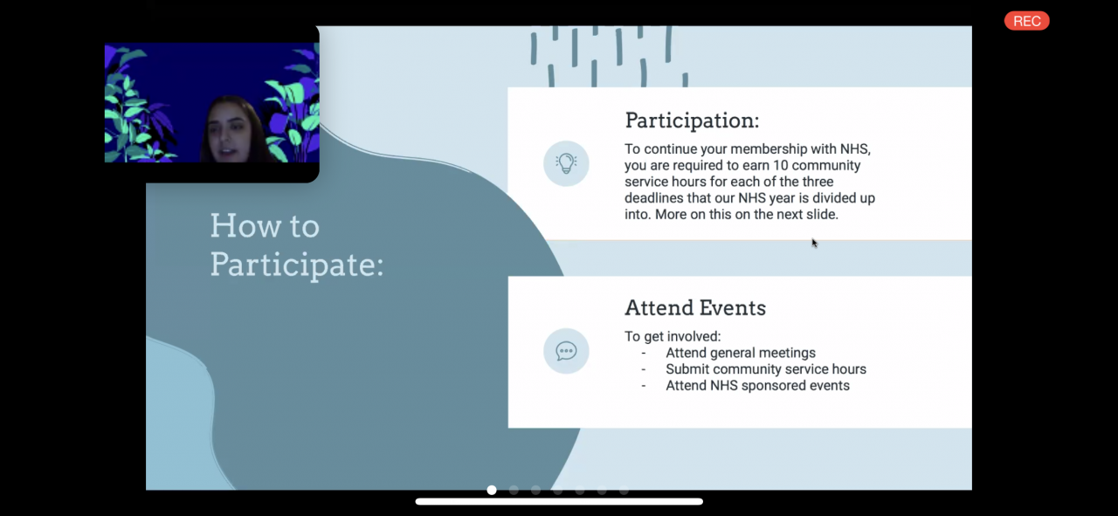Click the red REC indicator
[x=1026, y=21]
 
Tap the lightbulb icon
[x=566, y=163]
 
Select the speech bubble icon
[x=566, y=351]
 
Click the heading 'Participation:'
[x=692, y=120]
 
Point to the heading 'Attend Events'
[x=695, y=308]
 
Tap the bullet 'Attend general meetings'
[x=741, y=353]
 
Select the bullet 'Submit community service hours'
[x=766, y=369]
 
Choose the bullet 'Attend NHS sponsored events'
[x=757, y=386]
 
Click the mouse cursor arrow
[x=814, y=243]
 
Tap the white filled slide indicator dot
[x=492, y=490]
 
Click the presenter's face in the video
[x=229, y=134]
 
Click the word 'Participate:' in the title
[x=297, y=265]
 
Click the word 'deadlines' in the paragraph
[x=654, y=198]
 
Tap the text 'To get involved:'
[x=673, y=337]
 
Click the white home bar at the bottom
[x=559, y=501]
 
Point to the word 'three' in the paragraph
[x=818, y=182]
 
